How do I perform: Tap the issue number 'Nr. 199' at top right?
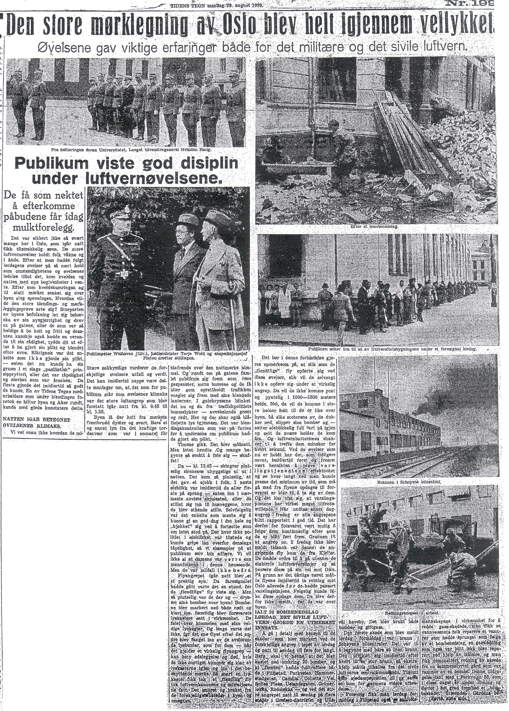point(473,3)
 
